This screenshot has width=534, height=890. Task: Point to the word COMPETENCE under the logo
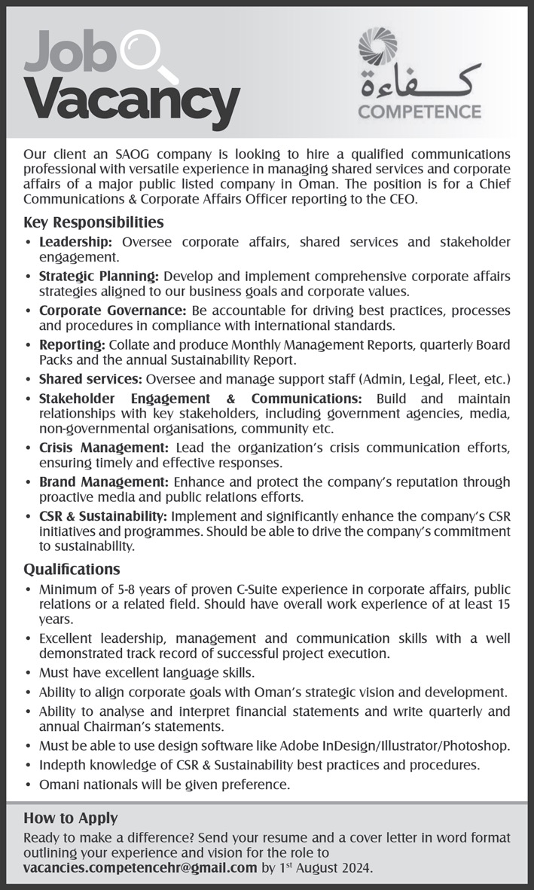click(x=420, y=112)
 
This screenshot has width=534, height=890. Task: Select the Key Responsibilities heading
click(x=93, y=222)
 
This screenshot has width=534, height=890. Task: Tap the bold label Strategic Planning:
click(x=99, y=277)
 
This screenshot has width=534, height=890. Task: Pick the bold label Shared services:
click(x=91, y=378)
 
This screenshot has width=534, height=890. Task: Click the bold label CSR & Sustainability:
click(x=104, y=515)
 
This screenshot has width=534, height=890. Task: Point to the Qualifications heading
click(x=72, y=569)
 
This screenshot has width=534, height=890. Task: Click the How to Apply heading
click(x=70, y=818)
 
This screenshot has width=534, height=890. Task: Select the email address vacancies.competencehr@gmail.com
click(x=140, y=867)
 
